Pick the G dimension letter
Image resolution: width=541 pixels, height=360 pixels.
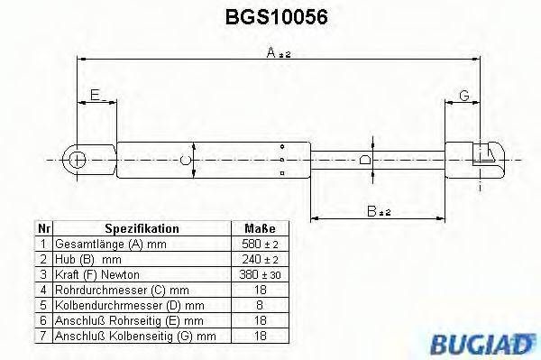(x=465, y=95)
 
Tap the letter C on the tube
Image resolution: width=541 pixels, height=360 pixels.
(x=185, y=160)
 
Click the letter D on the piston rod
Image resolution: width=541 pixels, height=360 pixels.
(x=364, y=160)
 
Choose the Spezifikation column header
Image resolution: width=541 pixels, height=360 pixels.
(x=142, y=229)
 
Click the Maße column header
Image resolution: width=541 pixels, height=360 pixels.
(x=260, y=229)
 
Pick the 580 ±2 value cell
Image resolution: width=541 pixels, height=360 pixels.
(x=260, y=244)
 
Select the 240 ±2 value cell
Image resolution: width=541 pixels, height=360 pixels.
(x=260, y=259)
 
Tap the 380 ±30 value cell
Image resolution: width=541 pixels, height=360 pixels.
(x=260, y=273)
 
